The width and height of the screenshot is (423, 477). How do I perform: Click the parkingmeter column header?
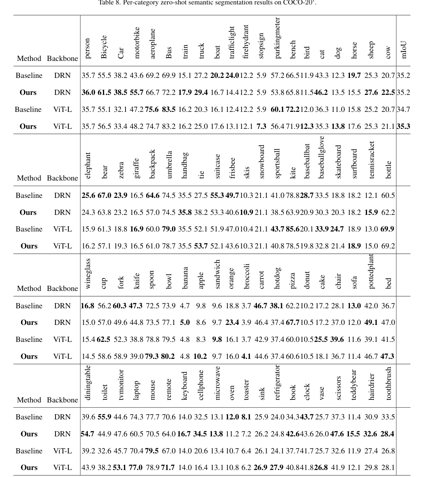pyautogui.click(x=278, y=38)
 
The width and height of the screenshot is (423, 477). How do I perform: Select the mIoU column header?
pyautogui.click(x=404, y=49)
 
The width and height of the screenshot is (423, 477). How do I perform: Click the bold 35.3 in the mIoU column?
pyautogui.click(x=403, y=126)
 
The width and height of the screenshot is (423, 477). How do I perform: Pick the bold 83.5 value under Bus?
pyautogui.click(x=169, y=109)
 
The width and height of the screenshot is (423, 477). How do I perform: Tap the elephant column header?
pyautogui.click(x=87, y=165)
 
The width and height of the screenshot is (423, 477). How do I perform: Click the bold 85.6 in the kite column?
pyautogui.click(x=292, y=229)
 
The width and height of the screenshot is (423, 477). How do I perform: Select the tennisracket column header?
pyautogui.click(x=371, y=159)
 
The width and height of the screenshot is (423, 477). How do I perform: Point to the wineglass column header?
pyautogui.click(x=87, y=273)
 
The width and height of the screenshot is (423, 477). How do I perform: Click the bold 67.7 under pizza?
pyautogui.click(x=292, y=322)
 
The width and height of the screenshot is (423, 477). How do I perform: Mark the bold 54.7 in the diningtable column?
pyautogui.click(x=87, y=434)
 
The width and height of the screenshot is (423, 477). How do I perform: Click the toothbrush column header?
pyautogui.click(x=388, y=383)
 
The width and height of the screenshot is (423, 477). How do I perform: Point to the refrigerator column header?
pyautogui.click(x=278, y=382)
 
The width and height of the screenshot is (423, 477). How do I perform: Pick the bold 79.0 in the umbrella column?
pyautogui.click(x=169, y=229)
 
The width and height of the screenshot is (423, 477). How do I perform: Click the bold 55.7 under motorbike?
pyautogui.click(x=136, y=92)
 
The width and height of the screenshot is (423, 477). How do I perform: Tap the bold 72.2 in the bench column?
pyautogui.click(x=292, y=109)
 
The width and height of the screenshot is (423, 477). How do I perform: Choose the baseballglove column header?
pyautogui.click(x=321, y=157)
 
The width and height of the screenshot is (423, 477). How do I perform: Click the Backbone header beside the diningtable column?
pyautogui.click(x=62, y=400)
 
